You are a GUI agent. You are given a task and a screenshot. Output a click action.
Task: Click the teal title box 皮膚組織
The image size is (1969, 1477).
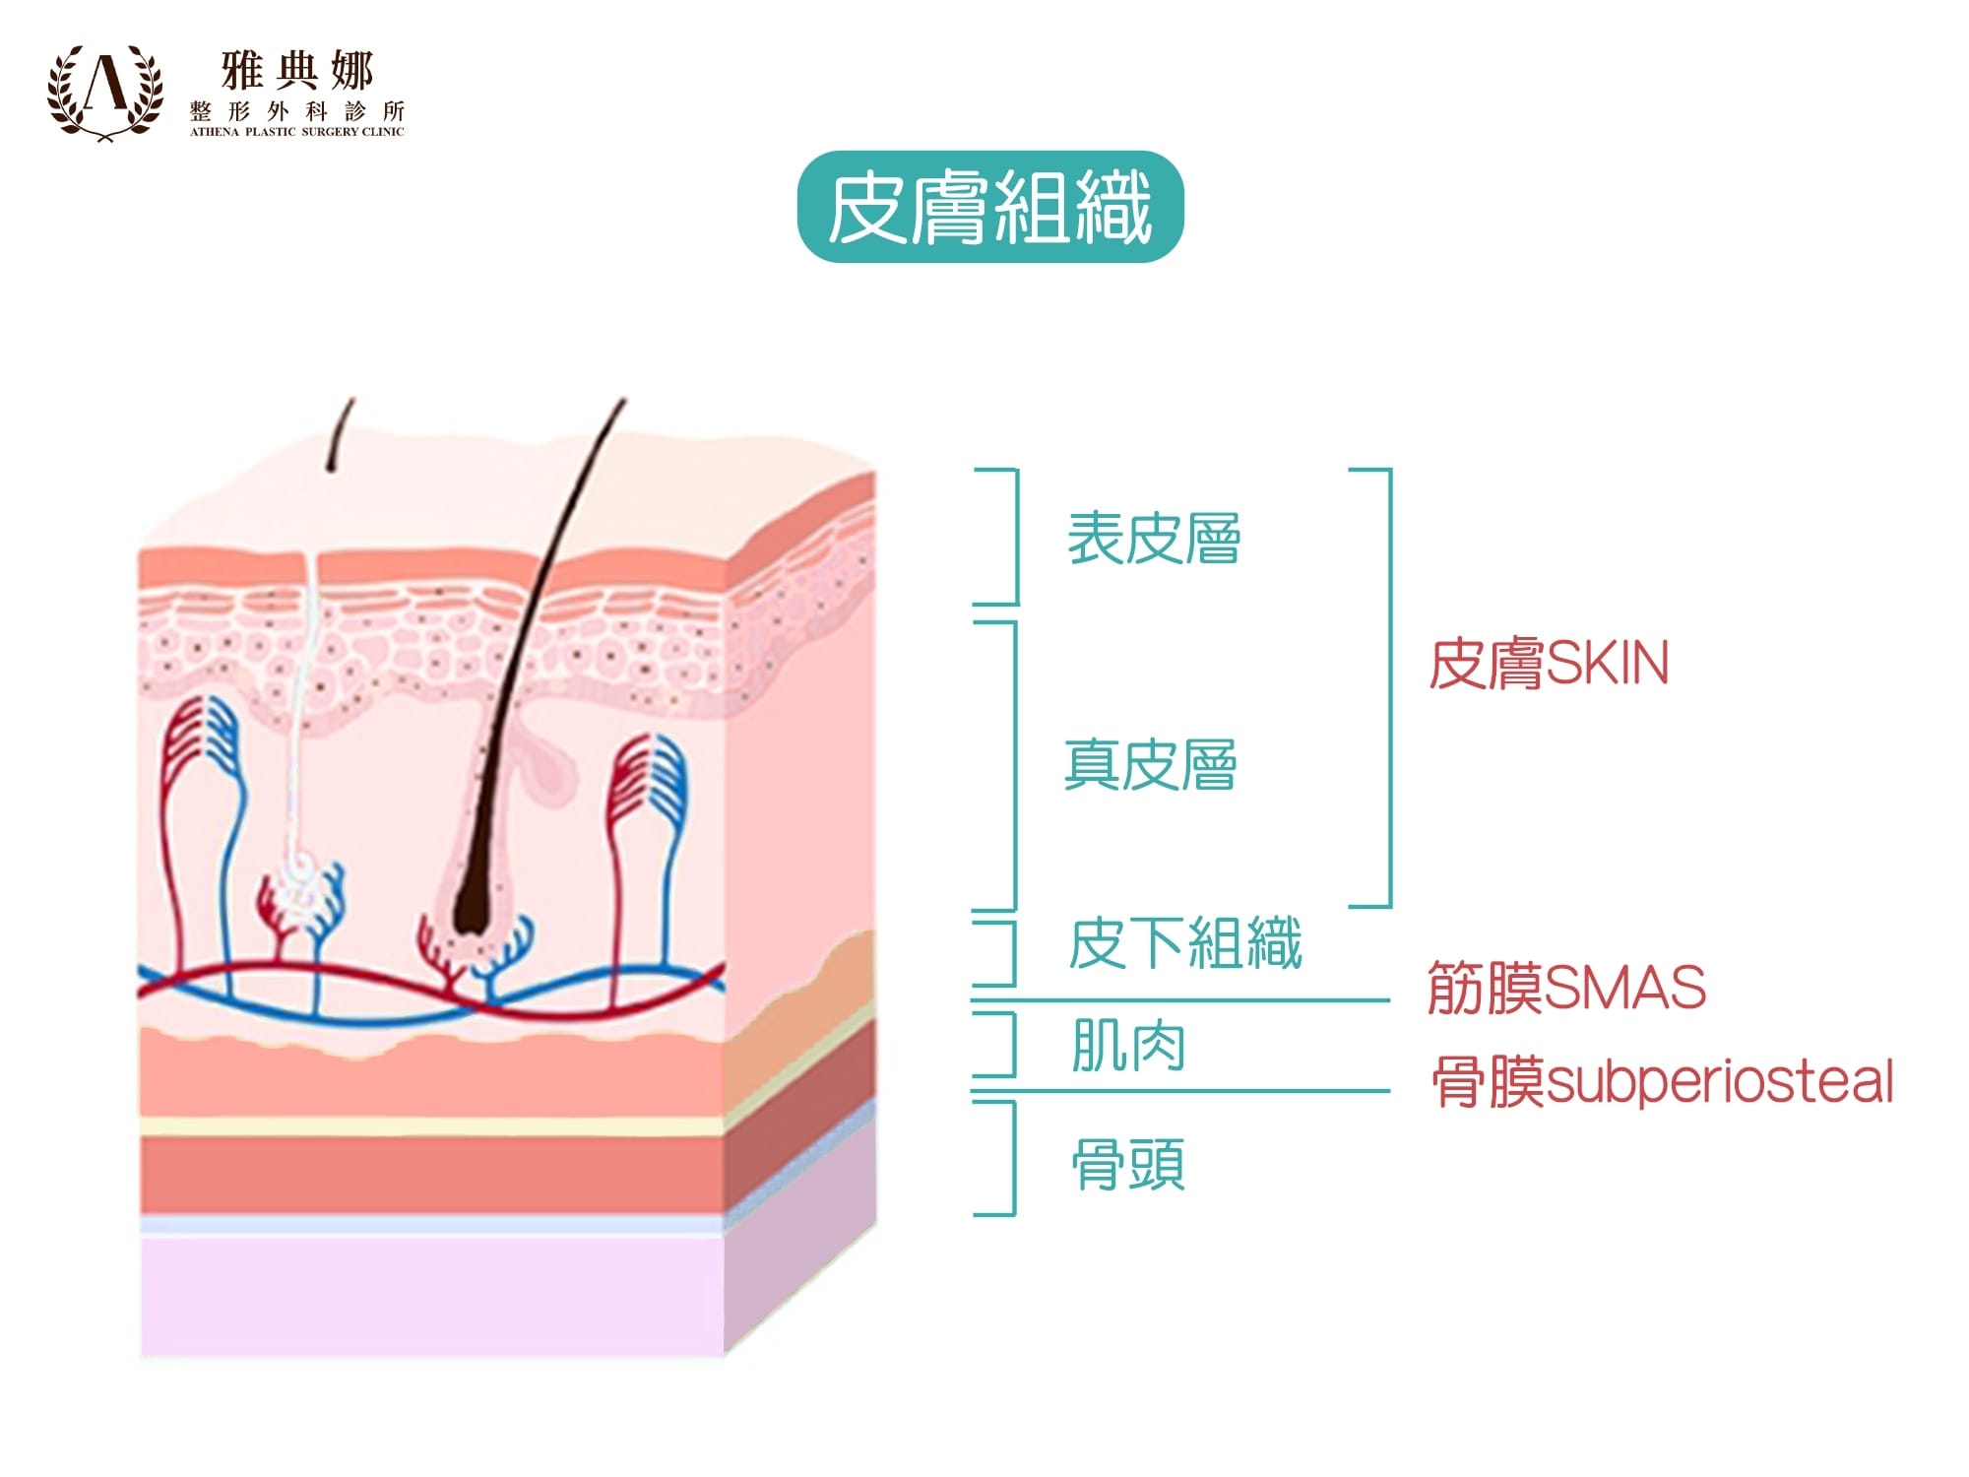[989, 207]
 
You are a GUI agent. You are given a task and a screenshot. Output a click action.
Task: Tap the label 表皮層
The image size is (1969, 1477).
[1154, 539]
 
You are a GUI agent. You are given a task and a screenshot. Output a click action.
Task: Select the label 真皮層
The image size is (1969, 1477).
[1150, 765]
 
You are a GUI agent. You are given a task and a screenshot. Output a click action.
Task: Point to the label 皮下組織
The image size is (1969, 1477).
[1185, 943]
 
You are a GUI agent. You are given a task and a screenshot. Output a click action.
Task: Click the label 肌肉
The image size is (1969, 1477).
[1128, 1045]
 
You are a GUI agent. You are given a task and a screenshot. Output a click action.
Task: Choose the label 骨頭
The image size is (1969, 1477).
[1128, 1164]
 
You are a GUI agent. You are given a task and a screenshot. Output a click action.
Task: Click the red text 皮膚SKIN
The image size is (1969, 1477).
[1549, 664]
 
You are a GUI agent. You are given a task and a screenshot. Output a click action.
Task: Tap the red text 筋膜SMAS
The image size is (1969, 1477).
[1566, 988]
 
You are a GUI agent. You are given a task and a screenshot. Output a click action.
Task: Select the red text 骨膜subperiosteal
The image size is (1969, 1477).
[1662, 1081]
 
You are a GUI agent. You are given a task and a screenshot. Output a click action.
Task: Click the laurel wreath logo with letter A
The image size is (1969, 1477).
[105, 92]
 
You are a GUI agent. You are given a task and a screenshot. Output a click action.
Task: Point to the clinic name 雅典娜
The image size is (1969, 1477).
[296, 71]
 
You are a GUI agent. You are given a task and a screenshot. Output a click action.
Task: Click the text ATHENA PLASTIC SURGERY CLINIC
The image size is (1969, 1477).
[296, 132]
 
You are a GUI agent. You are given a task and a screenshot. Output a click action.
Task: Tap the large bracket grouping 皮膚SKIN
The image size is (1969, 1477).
[1388, 687]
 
